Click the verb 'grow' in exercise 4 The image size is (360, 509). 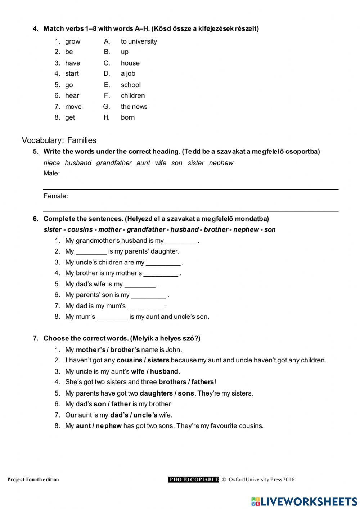(x=72, y=41)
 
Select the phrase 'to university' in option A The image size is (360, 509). (x=139, y=41)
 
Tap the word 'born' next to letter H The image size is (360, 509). (x=127, y=117)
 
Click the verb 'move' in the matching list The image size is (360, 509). (x=73, y=107)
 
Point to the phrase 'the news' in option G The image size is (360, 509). (x=134, y=107)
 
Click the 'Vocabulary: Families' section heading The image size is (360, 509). (x=59, y=140)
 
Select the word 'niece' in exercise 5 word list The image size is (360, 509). (x=51, y=163)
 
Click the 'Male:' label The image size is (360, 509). (x=51, y=173)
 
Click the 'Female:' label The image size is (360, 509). (x=55, y=196)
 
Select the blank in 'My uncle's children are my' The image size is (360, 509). (x=163, y=263)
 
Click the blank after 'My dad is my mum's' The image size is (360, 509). (x=145, y=307)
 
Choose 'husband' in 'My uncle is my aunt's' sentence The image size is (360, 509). (x=164, y=371)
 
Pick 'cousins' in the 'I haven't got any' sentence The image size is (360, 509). (x=129, y=360)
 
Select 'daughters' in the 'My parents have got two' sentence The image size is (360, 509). (x=155, y=393)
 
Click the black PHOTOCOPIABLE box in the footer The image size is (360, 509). (x=194, y=479)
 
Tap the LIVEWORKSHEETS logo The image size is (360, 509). (x=304, y=501)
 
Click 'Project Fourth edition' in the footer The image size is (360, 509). (x=33, y=479)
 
